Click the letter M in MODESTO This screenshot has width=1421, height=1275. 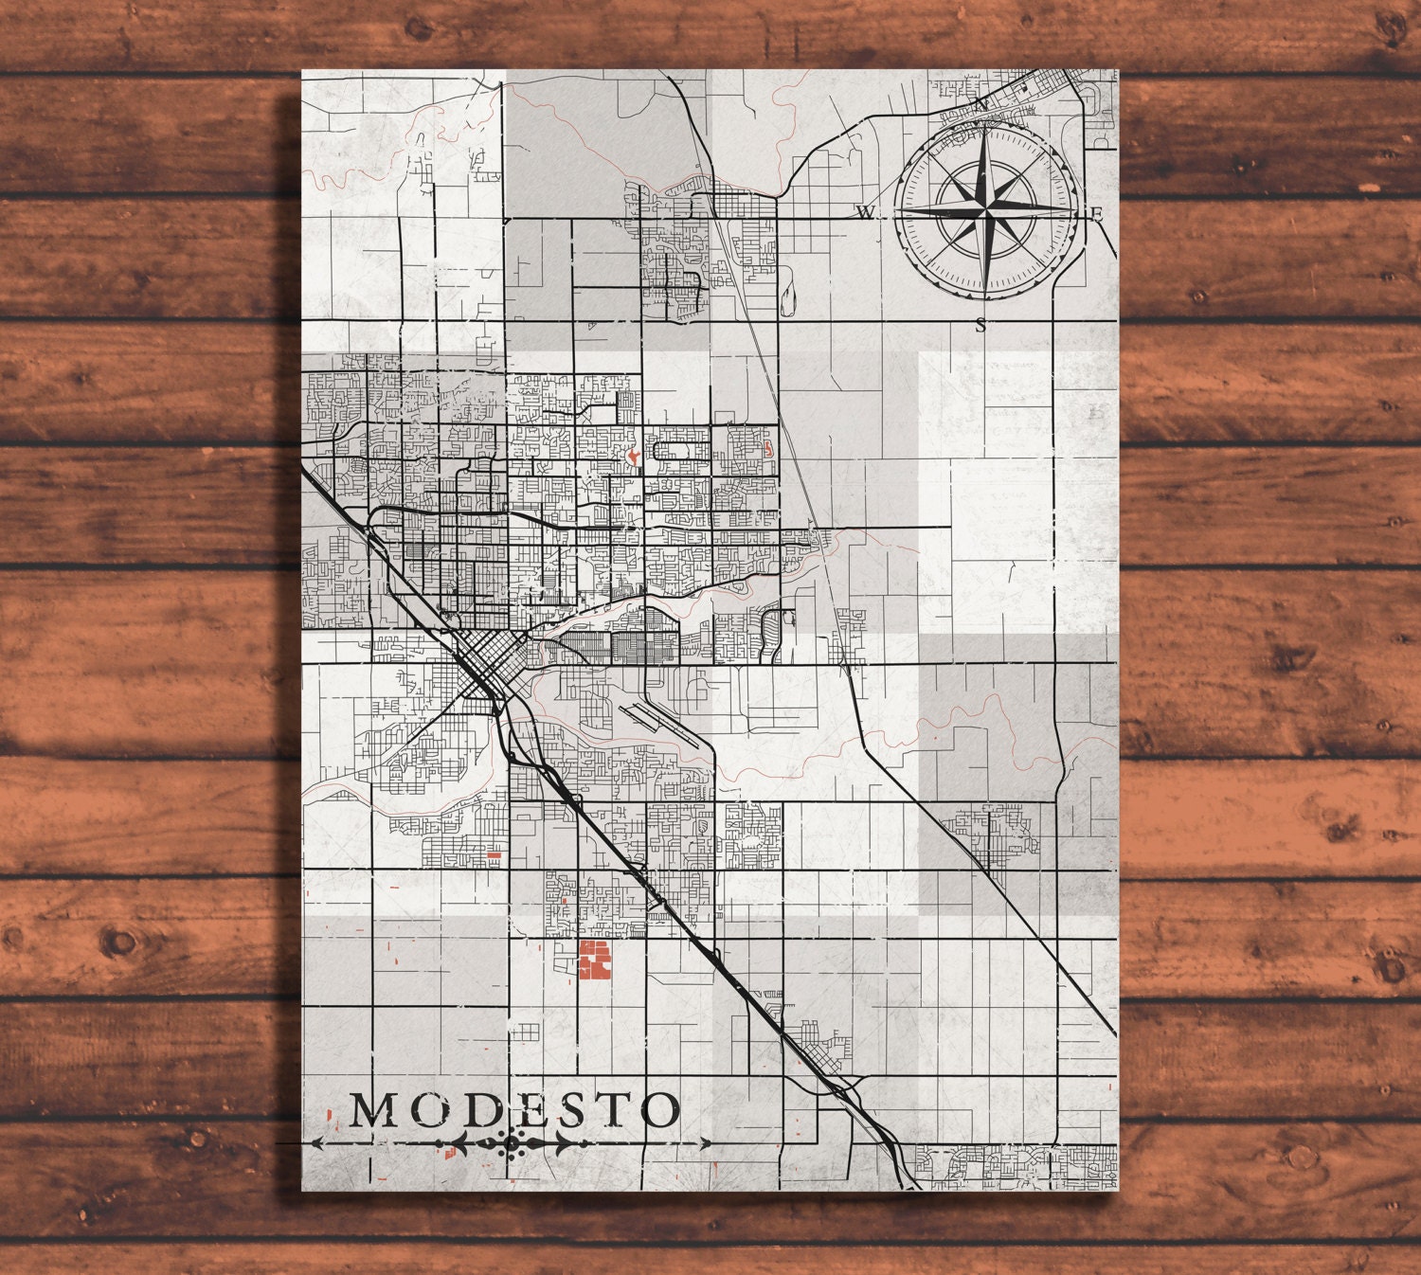[x=372, y=1110]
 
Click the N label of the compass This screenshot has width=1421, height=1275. [x=982, y=102]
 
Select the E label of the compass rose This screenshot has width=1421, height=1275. [x=1098, y=214]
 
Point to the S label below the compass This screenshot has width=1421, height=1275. [x=980, y=325]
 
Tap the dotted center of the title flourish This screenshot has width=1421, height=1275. [x=512, y=1143]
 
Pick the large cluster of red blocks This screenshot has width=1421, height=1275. [x=594, y=960]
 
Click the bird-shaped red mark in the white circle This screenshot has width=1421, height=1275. [x=631, y=458]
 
